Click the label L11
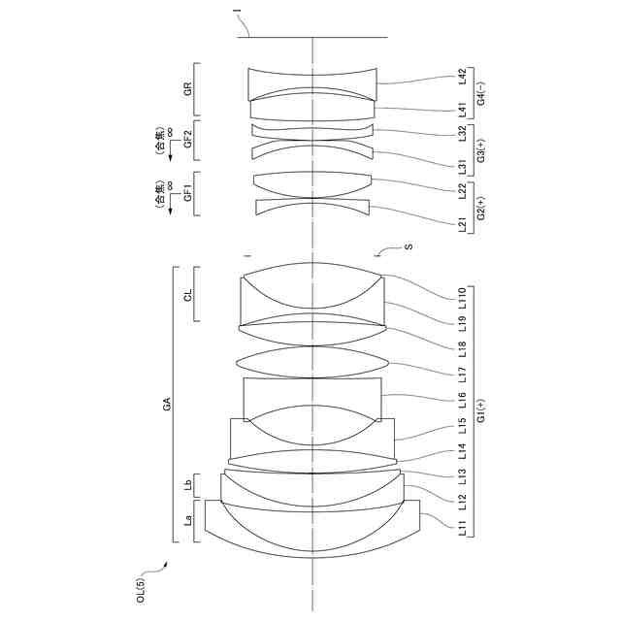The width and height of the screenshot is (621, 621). [463, 530]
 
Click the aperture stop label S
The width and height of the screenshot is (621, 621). [409, 247]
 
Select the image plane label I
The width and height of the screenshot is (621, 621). [237, 14]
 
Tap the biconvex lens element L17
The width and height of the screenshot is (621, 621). [312, 361]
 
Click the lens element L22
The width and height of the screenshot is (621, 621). [312, 181]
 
